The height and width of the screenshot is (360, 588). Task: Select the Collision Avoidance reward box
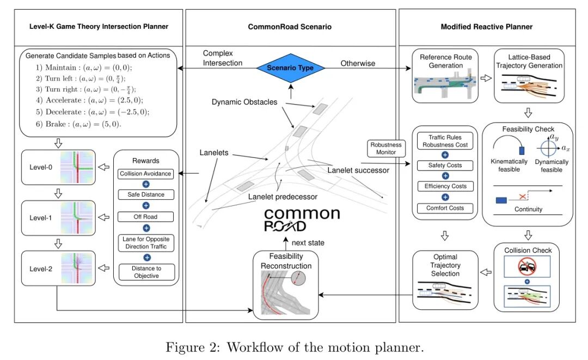click(145, 174)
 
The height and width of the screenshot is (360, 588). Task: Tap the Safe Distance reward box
click(145, 194)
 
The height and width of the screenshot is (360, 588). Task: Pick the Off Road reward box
click(145, 217)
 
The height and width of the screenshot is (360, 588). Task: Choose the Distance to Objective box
click(145, 272)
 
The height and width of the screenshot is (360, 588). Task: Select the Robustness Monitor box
click(385, 149)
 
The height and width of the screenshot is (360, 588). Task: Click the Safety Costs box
click(445, 165)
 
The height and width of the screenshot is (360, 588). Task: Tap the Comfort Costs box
click(445, 208)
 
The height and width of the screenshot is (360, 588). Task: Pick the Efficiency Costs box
click(445, 186)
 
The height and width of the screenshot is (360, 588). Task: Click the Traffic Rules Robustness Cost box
click(445, 142)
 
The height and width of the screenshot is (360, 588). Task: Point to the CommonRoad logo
click(301, 219)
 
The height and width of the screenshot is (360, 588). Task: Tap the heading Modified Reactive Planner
click(487, 27)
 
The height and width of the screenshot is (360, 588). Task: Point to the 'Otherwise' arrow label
click(358, 63)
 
